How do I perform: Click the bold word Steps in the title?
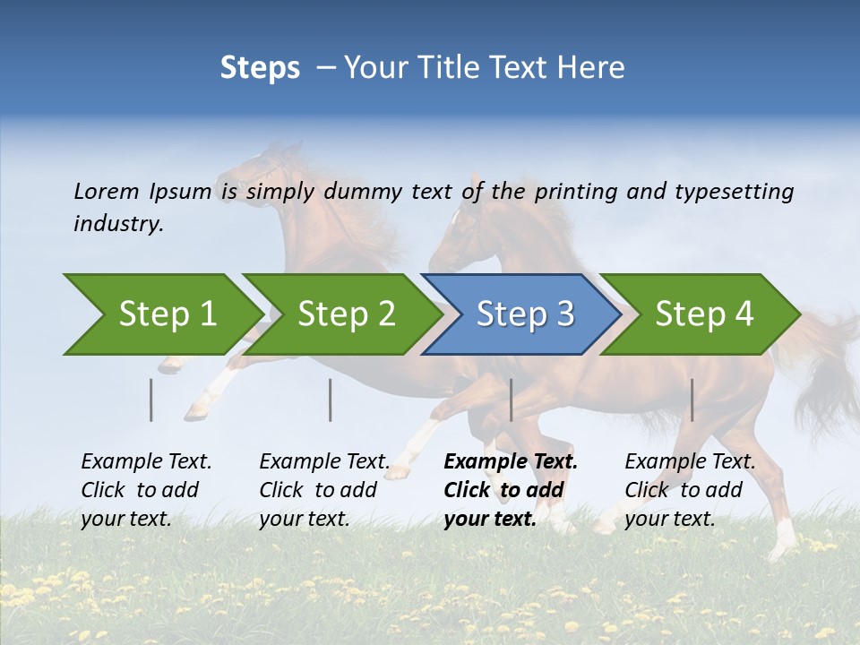pos(260,68)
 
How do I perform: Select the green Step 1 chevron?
pos(161,314)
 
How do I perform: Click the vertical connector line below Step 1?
pos(150,400)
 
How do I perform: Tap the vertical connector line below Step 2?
pos(330,400)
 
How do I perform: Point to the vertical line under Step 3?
pos(511,400)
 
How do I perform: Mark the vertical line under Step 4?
pos(692,400)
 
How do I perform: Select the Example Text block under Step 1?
pos(145,490)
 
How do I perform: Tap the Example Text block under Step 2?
pos(323,490)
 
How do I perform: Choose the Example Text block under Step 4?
pos(689,490)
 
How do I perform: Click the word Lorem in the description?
pos(106,192)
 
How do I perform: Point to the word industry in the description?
pos(117,224)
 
